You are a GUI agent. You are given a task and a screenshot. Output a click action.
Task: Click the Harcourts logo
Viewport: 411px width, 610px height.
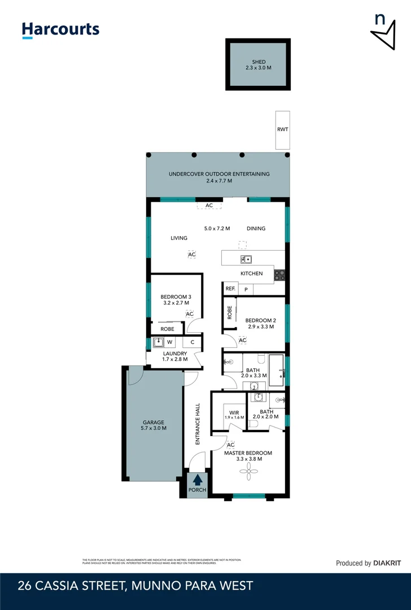click(x=60, y=30)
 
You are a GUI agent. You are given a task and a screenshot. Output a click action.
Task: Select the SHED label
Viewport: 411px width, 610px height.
click(x=259, y=62)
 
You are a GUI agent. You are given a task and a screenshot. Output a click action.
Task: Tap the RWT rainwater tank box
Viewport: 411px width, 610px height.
click(x=283, y=130)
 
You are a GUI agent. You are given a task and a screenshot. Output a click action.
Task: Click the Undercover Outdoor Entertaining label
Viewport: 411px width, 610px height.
click(x=219, y=174)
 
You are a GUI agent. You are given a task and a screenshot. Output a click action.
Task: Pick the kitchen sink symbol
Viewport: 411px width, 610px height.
click(x=246, y=260)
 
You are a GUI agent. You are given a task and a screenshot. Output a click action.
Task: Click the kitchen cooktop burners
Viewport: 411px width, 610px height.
click(x=279, y=275)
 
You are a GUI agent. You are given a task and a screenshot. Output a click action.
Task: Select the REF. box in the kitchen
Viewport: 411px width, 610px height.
click(x=230, y=289)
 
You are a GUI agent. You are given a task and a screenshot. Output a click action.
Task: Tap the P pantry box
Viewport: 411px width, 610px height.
click(x=246, y=289)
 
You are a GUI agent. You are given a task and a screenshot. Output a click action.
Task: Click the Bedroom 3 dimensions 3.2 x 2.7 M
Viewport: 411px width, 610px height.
click(x=174, y=303)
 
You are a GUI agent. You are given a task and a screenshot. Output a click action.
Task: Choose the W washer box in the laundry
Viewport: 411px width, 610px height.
click(x=169, y=342)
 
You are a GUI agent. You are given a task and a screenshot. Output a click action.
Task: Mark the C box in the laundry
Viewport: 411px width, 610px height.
click(x=192, y=342)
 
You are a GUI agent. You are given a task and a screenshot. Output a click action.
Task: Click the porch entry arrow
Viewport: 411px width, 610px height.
click(x=198, y=480)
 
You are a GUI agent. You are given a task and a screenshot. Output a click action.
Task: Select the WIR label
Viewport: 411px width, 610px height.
click(x=234, y=412)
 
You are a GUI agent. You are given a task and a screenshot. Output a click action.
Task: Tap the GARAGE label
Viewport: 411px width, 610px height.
click(x=153, y=422)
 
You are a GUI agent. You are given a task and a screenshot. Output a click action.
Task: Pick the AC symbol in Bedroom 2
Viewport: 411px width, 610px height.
click(x=243, y=341)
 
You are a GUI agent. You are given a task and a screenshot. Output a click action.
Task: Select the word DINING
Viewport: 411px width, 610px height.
click(x=256, y=229)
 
